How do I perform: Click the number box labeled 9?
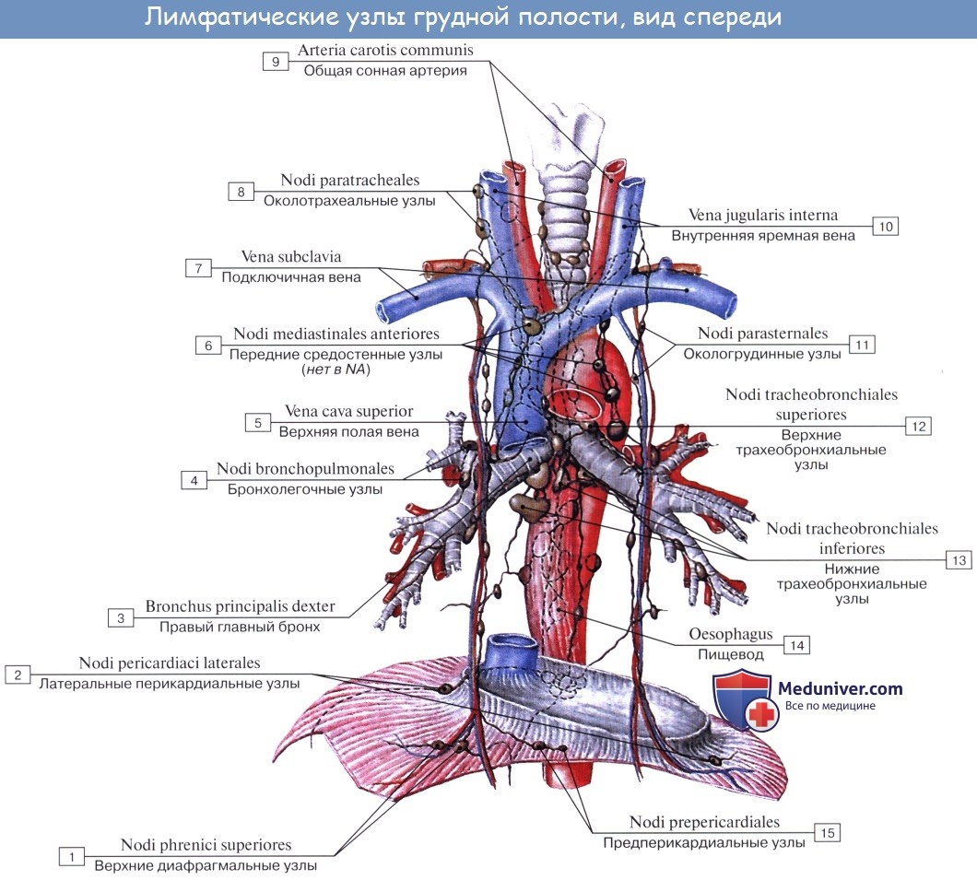[x=274, y=62]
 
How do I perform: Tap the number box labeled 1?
[x=71, y=857]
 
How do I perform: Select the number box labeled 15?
[x=827, y=833]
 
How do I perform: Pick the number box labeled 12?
[x=917, y=426]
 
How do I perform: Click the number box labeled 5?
[x=257, y=423]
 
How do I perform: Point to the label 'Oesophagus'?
[x=730, y=635]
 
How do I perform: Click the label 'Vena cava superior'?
[x=348, y=412]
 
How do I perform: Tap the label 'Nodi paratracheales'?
[x=349, y=181]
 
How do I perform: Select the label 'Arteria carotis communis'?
[x=385, y=51]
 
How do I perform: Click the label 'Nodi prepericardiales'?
[x=704, y=822]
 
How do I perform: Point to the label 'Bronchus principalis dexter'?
[x=240, y=607]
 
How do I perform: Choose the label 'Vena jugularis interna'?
[x=763, y=216]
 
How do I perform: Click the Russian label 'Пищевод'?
[x=731, y=653]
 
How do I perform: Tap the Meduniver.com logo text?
[x=840, y=688]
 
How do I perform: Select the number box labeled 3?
[x=120, y=618]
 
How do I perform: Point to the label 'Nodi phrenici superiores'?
[x=206, y=845]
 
